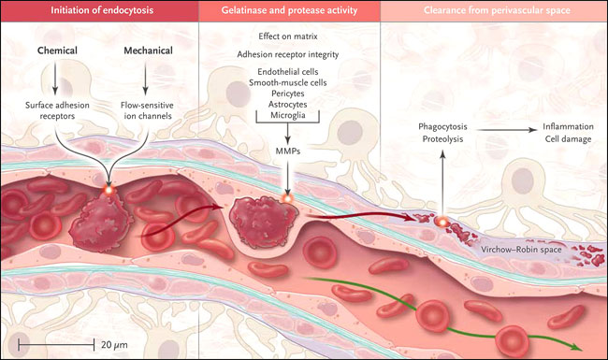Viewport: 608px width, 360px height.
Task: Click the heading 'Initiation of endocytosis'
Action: [x=102, y=10]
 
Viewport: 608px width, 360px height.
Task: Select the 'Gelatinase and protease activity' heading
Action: [x=289, y=10]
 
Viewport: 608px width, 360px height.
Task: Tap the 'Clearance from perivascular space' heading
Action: [x=497, y=10]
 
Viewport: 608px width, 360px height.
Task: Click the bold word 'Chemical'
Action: [x=57, y=50]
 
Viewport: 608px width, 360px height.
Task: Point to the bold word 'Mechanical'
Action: [x=148, y=50]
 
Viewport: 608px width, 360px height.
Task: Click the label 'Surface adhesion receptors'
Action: [x=57, y=110]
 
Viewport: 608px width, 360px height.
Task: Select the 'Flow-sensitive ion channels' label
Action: [x=147, y=110]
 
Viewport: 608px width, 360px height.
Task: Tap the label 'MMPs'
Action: [x=288, y=151]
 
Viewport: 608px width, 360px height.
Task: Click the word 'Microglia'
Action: [x=288, y=115]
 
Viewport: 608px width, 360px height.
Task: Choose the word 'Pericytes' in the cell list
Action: [x=288, y=94]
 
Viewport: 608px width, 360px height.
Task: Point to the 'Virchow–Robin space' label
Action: [x=521, y=250]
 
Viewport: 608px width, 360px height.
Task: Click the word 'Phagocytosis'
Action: [x=442, y=127]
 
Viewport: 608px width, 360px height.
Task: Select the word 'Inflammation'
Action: [x=568, y=127]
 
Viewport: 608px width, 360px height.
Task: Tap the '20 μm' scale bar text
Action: [x=114, y=345]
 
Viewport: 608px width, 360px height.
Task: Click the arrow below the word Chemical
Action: [x=55, y=79]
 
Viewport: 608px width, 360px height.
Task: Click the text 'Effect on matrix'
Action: [x=288, y=36]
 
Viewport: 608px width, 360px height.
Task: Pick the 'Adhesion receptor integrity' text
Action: [x=288, y=54]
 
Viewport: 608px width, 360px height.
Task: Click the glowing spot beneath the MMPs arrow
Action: [x=288, y=199]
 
